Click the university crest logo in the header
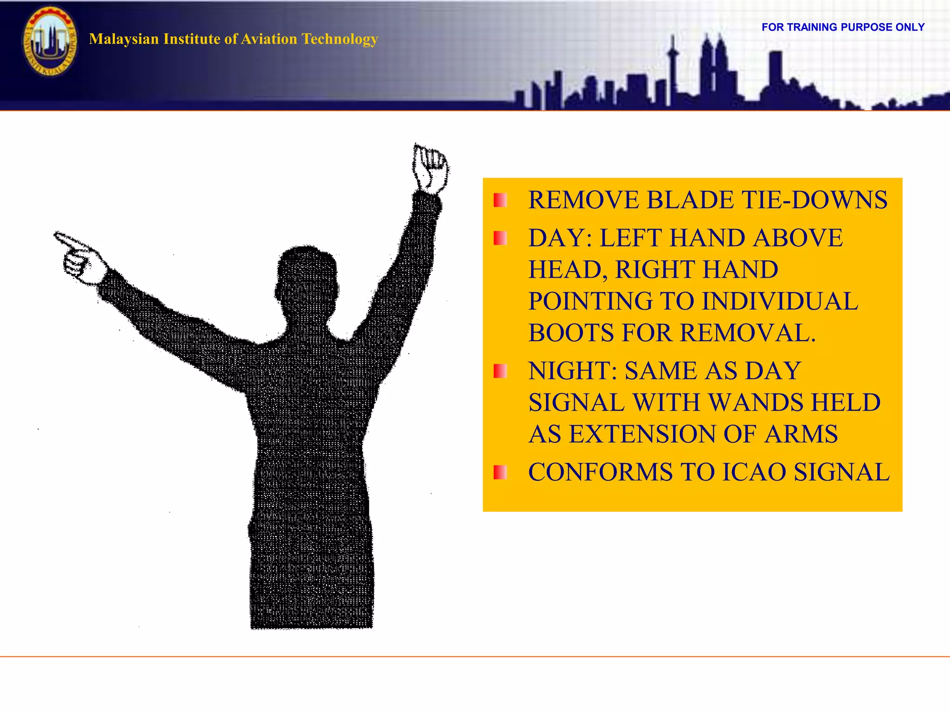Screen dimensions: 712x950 (50, 41)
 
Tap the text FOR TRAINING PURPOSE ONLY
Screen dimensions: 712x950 (843, 27)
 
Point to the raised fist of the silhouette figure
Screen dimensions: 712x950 (430, 170)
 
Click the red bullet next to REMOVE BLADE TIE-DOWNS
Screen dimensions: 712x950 (500, 200)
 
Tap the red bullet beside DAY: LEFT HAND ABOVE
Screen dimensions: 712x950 (500, 238)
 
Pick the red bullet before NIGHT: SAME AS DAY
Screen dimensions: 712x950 (500, 371)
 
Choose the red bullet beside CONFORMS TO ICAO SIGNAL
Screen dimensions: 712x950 (500, 472)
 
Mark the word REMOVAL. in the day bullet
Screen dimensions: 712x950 (748, 333)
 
